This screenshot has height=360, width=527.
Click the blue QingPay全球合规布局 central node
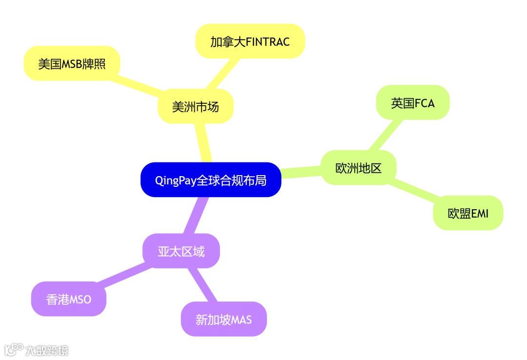point(211,180)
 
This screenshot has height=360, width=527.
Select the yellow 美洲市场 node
point(195,106)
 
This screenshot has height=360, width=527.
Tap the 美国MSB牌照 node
point(72,63)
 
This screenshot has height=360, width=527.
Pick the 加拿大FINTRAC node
point(250,41)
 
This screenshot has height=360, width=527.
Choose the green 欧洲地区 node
point(358,168)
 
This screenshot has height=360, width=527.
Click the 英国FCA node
point(412,103)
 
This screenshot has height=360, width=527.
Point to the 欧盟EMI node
point(467,213)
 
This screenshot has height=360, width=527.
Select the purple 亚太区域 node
point(181,251)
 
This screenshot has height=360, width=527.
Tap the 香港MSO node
point(69,299)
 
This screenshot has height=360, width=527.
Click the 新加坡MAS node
point(223,319)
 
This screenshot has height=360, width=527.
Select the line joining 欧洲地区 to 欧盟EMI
point(414,191)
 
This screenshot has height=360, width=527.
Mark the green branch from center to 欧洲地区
point(301,172)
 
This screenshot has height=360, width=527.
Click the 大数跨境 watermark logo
point(37,350)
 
